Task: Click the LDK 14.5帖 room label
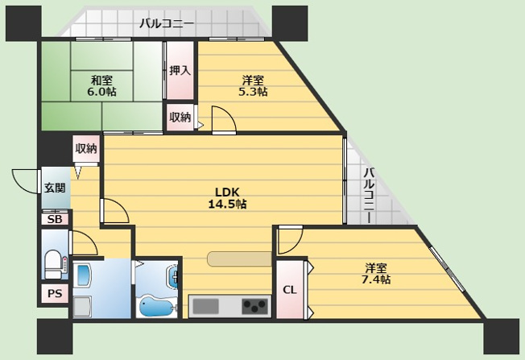click(227, 198)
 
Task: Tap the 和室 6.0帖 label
click(101, 85)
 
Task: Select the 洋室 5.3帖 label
click(253, 85)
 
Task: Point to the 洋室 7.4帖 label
click(376, 273)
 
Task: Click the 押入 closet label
click(180, 71)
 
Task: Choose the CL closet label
click(290, 290)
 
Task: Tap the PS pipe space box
click(55, 293)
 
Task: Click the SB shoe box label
click(55, 220)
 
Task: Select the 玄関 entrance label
click(55, 188)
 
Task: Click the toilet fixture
click(54, 264)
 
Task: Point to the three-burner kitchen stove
click(255, 306)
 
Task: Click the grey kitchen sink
click(205, 306)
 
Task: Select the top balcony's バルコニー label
click(167, 23)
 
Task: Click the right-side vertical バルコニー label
click(369, 195)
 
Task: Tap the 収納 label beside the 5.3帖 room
click(180, 118)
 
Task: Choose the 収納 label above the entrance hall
click(86, 148)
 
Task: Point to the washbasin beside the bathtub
click(172, 276)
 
